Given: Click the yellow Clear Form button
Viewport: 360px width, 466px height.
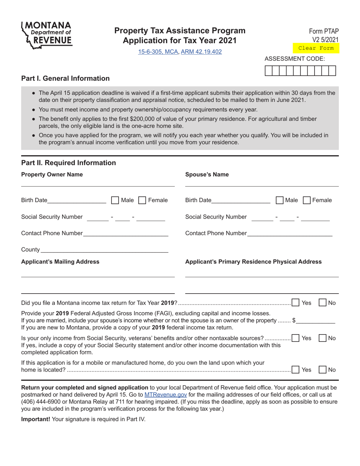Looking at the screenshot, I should pos(316,48).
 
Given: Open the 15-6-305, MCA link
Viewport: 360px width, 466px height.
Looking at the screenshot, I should pos(158,52).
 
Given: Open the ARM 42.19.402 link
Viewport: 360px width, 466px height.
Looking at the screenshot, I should pos(201,52).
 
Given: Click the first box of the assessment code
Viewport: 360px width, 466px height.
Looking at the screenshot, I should pos(268,71).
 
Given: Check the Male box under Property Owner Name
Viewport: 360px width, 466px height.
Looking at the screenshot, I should pos(115,200).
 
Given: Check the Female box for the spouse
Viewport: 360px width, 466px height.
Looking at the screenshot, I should pos(307,200).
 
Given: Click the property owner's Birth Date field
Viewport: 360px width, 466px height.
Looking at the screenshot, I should pos(77,200).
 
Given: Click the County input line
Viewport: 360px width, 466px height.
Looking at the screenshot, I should pos(104,250).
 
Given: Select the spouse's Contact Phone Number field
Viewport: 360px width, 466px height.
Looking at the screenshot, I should pos(290,233).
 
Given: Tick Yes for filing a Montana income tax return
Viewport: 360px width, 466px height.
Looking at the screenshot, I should pos(296,303).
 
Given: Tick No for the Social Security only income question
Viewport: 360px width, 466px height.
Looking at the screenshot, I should pos(322,338).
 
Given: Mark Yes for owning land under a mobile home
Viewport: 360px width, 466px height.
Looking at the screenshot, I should pos(296,370).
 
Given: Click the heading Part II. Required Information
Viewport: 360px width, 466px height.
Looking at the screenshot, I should pos(69,163).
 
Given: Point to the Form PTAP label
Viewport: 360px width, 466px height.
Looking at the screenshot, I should pos(324,31).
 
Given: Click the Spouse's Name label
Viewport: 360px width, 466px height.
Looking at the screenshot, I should pos(207,175).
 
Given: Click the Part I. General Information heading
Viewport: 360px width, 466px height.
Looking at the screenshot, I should pos(66,78).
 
